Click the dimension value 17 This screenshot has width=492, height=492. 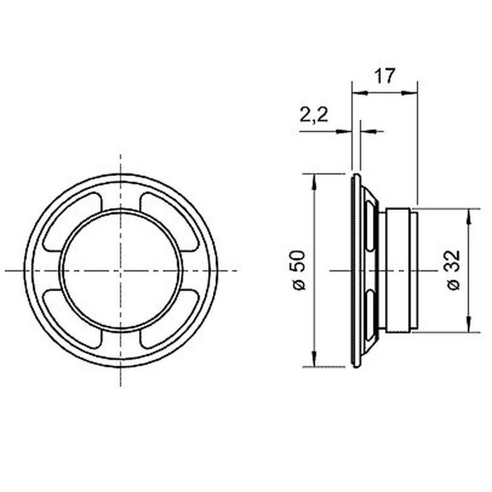[384, 76]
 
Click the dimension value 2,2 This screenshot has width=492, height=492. [314, 115]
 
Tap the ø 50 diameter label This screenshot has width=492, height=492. [299, 270]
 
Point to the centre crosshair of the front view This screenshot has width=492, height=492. [121, 270]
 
